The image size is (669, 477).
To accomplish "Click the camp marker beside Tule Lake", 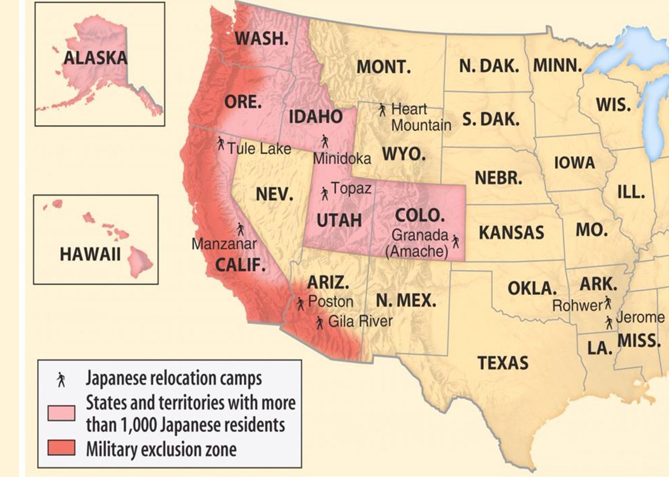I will click(221, 143).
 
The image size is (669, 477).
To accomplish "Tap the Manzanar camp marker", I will click(240, 229).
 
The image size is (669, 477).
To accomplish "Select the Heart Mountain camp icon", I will click(382, 110).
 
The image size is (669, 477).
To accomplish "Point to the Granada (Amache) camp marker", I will click(455, 241).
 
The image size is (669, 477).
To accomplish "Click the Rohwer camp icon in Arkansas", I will click(607, 303).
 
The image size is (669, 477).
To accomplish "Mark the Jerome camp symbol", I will click(609, 322).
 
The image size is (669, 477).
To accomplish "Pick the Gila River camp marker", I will click(319, 323).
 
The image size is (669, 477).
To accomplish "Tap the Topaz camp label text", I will click(351, 189).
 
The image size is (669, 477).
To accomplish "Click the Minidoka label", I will click(342, 159).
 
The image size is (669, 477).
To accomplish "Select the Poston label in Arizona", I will click(331, 301).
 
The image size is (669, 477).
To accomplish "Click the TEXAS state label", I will click(503, 363).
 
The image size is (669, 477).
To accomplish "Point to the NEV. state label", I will click(274, 194).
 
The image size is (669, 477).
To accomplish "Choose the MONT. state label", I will click(384, 67).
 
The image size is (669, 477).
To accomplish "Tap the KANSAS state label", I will click(511, 232).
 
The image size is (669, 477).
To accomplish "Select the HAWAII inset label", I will click(90, 255).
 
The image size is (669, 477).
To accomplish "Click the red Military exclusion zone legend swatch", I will click(61, 449).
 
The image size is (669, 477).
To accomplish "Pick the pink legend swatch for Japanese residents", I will click(61, 413).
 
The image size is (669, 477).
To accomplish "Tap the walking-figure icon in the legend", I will click(61, 380).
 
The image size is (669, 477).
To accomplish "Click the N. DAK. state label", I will click(489, 65).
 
